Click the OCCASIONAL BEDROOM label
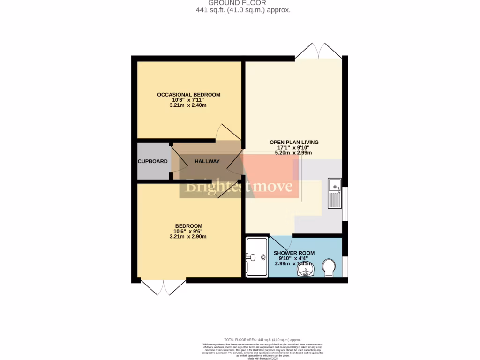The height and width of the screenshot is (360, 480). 188,95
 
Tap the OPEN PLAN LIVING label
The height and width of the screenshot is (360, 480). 294,142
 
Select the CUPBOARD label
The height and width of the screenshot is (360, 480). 152,161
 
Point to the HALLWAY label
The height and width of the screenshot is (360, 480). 207,161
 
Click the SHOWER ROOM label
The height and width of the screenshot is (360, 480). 294,253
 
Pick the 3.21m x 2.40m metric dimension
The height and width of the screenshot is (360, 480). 188,105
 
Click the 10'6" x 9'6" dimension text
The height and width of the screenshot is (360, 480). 188,231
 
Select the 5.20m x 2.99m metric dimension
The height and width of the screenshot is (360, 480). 294,153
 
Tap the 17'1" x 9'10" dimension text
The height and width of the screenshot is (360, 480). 294,148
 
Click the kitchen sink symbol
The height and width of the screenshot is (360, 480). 335,193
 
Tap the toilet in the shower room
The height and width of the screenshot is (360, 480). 330,269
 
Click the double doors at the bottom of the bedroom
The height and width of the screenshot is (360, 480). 164,287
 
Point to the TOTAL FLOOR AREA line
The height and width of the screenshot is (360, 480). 262,340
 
